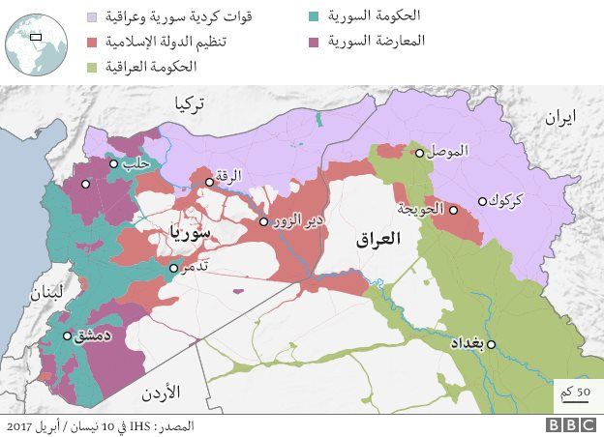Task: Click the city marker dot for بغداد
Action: [492, 344]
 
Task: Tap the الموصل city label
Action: [448, 152]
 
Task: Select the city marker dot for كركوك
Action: [482, 201]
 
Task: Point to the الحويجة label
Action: [421, 208]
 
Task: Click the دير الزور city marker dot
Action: [263, 221]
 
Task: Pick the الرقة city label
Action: [230, 176]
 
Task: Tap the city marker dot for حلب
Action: [114, 163]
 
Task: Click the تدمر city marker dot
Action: [173, 268]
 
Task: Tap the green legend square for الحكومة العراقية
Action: [92, 67]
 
